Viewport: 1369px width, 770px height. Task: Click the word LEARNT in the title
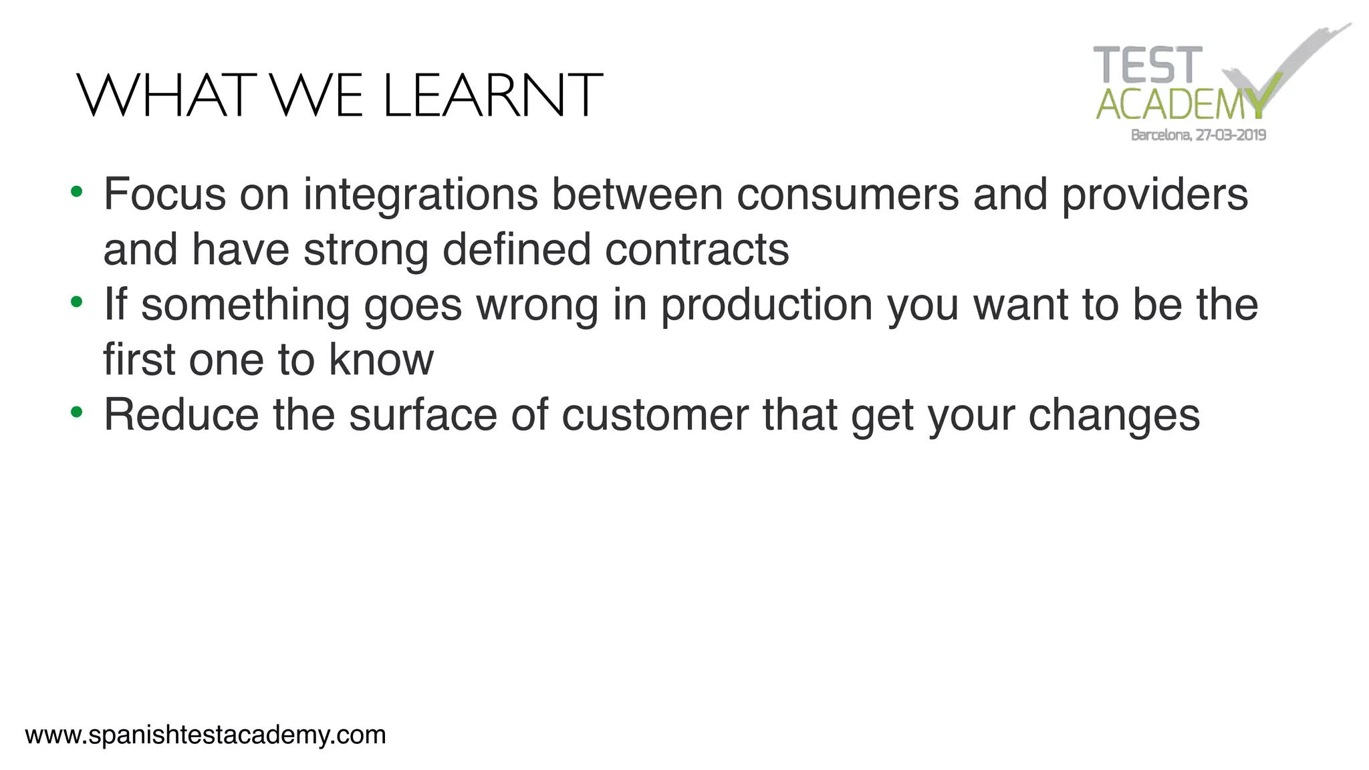[493, 96]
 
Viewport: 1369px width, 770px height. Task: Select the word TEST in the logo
[1147, 66]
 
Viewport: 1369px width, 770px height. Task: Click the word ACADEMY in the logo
[1180, 105]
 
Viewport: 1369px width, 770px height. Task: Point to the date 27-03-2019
[1231, 135]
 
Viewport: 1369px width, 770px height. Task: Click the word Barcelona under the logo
[1160, 135]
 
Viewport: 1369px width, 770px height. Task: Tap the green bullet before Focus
[77, 192]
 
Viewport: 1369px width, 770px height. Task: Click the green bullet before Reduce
[77, 412]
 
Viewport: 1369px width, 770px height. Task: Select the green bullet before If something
[77, 302]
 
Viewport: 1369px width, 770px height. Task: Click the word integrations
[420, 195]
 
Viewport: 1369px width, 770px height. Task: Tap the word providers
[1154, 195]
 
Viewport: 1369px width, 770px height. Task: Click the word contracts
[697, 249]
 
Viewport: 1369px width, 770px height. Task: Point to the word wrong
[537, 305]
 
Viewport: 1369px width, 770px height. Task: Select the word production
[767, 305]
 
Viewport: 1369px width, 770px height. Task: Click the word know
[381, 360]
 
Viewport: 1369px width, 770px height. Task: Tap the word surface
[423, 414]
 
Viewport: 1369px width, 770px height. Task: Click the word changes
[1114, 416]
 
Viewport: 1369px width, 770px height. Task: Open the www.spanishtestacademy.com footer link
[205, 735]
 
